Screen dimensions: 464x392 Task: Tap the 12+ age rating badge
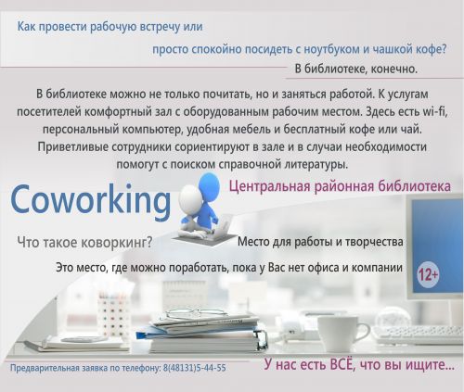pos(428,274)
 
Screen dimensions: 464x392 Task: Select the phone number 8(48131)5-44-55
pos(194,368)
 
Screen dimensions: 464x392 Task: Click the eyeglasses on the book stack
pos(195,314)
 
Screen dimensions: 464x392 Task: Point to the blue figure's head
pos(209,186)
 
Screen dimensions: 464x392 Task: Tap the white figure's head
pos(190,198)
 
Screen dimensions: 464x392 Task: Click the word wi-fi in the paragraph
pos(435,111)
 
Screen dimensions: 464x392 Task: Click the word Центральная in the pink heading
pos(269,186)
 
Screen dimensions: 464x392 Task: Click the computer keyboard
pos(418,335)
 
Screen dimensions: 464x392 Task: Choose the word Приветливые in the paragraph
pos(72,146)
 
